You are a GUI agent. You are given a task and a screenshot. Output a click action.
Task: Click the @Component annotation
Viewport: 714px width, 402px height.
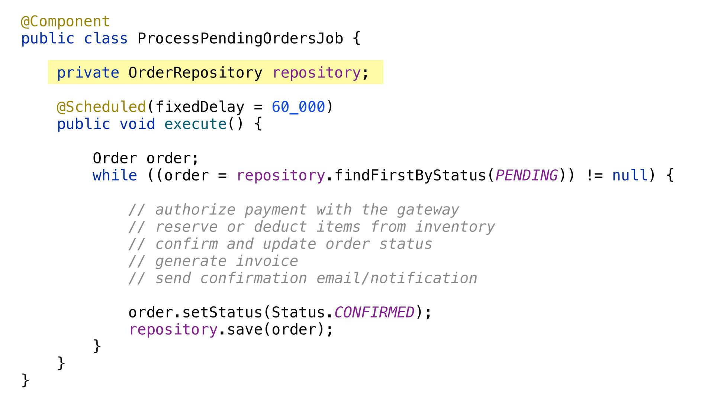click(65, 22)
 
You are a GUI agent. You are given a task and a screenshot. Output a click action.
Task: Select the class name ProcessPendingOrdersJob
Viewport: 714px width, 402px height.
click(240, 39)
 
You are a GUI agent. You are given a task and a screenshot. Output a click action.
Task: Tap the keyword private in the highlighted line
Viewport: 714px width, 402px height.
click(88, 73)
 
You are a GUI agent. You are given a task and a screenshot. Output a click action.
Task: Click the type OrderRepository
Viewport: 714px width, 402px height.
click(195, 73)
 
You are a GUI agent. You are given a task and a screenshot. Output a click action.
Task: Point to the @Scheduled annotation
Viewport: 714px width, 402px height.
click(101, 107)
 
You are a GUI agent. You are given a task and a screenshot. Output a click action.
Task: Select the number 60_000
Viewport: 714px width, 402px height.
click(298, 107)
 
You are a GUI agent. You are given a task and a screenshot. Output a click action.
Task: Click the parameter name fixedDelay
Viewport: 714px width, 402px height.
click(200, 107)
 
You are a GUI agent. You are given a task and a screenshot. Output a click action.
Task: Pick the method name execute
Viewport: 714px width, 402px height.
click(195, 124)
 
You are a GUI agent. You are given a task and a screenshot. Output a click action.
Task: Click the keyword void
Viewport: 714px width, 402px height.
click(137, 124)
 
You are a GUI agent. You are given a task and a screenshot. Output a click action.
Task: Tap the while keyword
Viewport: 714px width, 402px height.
click(115, 175)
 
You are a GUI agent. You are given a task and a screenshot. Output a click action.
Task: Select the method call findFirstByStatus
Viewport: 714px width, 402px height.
click(410, 175)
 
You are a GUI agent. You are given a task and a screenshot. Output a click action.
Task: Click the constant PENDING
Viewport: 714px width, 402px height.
click(526, 175)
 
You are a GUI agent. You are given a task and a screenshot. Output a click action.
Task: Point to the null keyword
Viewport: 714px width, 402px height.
click(630, 175)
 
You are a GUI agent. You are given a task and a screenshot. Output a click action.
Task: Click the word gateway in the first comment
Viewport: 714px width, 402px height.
click(428, 210)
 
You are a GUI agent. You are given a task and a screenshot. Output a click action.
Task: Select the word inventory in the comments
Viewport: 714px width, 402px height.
click(455, 227)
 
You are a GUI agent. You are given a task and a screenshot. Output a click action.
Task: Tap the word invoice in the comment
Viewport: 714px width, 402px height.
click(267, 261)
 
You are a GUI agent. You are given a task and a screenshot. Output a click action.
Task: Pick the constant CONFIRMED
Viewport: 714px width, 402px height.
click(374, 312)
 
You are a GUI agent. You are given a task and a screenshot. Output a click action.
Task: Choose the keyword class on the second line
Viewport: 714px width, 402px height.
click(106, 39)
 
